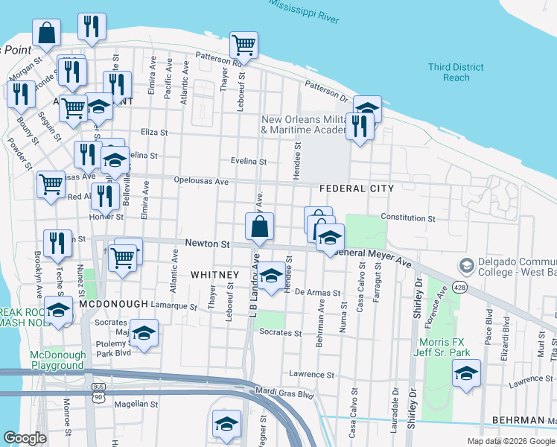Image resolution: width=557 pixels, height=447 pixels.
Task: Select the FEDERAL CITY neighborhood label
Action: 356,189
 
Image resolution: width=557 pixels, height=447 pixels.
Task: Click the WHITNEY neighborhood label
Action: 214,275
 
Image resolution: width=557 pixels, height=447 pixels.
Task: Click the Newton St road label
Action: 206,244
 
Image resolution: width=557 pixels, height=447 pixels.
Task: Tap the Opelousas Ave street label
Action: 200,181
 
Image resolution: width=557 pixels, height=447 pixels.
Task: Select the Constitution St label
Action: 407,218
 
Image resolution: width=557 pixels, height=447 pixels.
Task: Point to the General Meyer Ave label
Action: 375,257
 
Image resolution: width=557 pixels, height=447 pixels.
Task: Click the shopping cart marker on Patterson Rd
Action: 244,46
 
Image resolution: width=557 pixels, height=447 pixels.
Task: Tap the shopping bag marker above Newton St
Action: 259,227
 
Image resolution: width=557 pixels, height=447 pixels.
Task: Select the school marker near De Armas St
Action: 272,275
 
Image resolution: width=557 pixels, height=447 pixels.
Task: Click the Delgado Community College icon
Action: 467,265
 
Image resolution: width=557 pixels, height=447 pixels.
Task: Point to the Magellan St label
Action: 136,404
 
